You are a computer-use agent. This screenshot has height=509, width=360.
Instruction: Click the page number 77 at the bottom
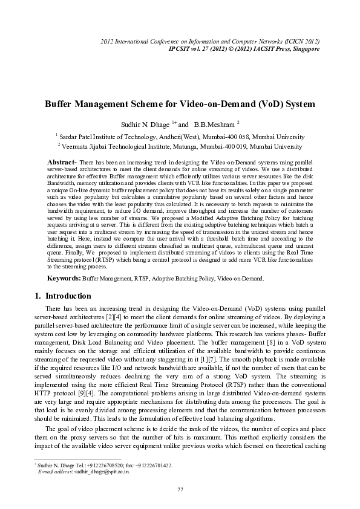(x=180, y=488)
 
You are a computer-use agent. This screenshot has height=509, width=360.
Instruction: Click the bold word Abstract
(x=61, y=163)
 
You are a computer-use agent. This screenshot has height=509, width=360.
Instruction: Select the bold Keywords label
(x=64, y=278)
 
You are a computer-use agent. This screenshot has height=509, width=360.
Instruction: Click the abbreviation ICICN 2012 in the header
(x=299, y=41)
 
